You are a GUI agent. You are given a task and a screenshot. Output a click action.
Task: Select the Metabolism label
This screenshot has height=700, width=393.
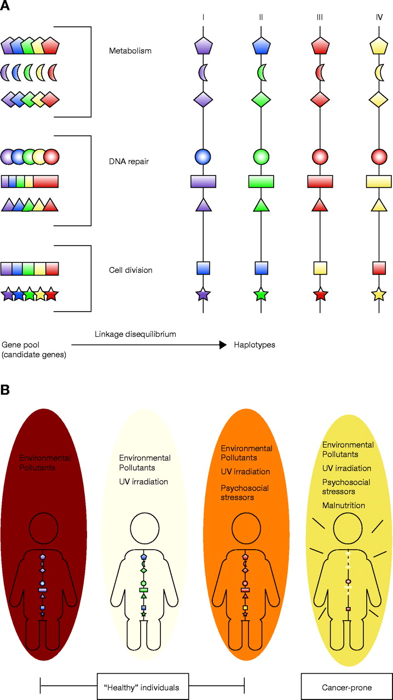click(130, 51)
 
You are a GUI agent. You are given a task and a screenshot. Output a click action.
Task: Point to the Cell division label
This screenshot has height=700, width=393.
click(130, 270)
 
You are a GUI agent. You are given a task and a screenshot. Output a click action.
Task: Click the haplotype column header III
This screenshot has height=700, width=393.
click(319, 17)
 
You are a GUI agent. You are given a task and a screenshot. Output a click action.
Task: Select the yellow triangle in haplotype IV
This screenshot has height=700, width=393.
click(378, 205)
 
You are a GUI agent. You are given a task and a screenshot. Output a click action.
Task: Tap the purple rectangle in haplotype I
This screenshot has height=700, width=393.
click(203, 181)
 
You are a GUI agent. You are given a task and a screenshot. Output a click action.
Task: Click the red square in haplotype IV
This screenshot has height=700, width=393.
click(378, 268)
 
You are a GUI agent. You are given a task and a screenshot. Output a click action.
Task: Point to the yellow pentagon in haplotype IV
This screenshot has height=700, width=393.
click(378, 46)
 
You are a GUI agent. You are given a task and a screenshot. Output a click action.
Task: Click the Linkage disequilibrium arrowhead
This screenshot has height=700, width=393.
click(222, 345)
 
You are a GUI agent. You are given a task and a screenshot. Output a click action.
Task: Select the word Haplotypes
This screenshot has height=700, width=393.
click(255, 345)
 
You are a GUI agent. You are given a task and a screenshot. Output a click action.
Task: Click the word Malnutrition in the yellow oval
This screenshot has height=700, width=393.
click(344, 505)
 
